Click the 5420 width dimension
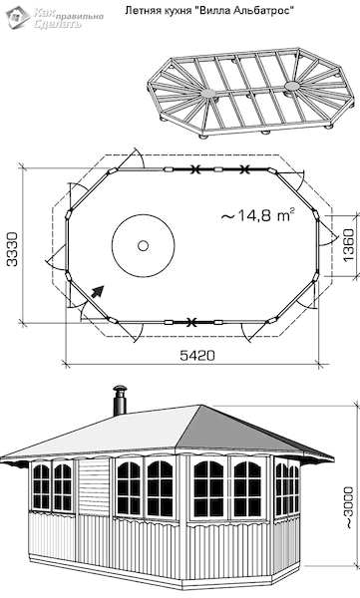(x=197, y=356)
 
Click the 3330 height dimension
(x=12, y=248)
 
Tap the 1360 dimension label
(x=349, y=245)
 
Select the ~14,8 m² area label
(x=257, y=215)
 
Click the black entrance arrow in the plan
(x=98, y=291)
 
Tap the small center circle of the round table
(x=144, y=245)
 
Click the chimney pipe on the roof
(x=120, y=400)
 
